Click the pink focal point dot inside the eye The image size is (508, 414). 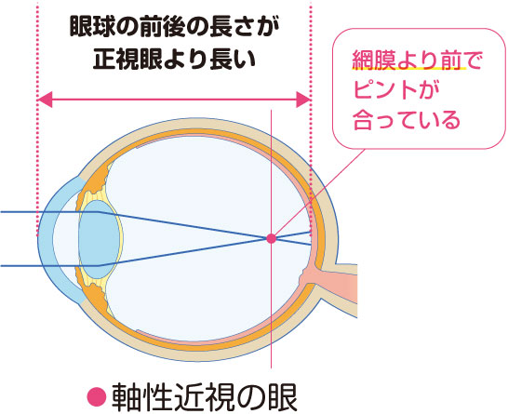pyautogui.click(x=271, y=239)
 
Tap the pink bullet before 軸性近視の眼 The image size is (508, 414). pyautogui.click(x=97, y=396)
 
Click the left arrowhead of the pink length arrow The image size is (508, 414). pyautogui.click(x=45, y=100)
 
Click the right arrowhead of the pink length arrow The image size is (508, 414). pyautogui.click(x=303, y=100)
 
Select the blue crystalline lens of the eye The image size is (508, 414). pyautogui.click(x=99, y=239)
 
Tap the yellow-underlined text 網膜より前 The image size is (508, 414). pyautogui.click(x=408, y=60)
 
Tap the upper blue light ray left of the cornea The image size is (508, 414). pyautogui.click(x=20, y=212)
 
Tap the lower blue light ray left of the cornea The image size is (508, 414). pyautogui.click(x=20, y=266)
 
